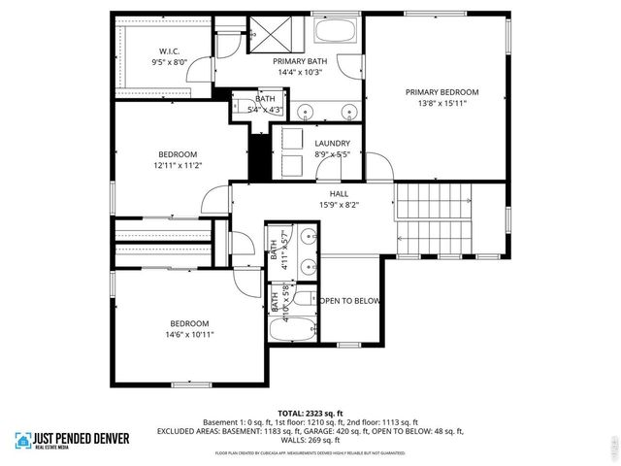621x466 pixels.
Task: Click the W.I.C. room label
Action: coord(170,51)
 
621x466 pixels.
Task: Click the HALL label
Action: coord(312,194)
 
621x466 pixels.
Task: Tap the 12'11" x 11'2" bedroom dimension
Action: coord(178,165)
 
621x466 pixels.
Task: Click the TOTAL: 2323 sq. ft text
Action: coord(310,414)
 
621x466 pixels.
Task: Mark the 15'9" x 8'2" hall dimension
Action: coord(312,205)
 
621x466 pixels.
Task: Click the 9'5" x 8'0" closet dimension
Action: coord(170,62)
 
